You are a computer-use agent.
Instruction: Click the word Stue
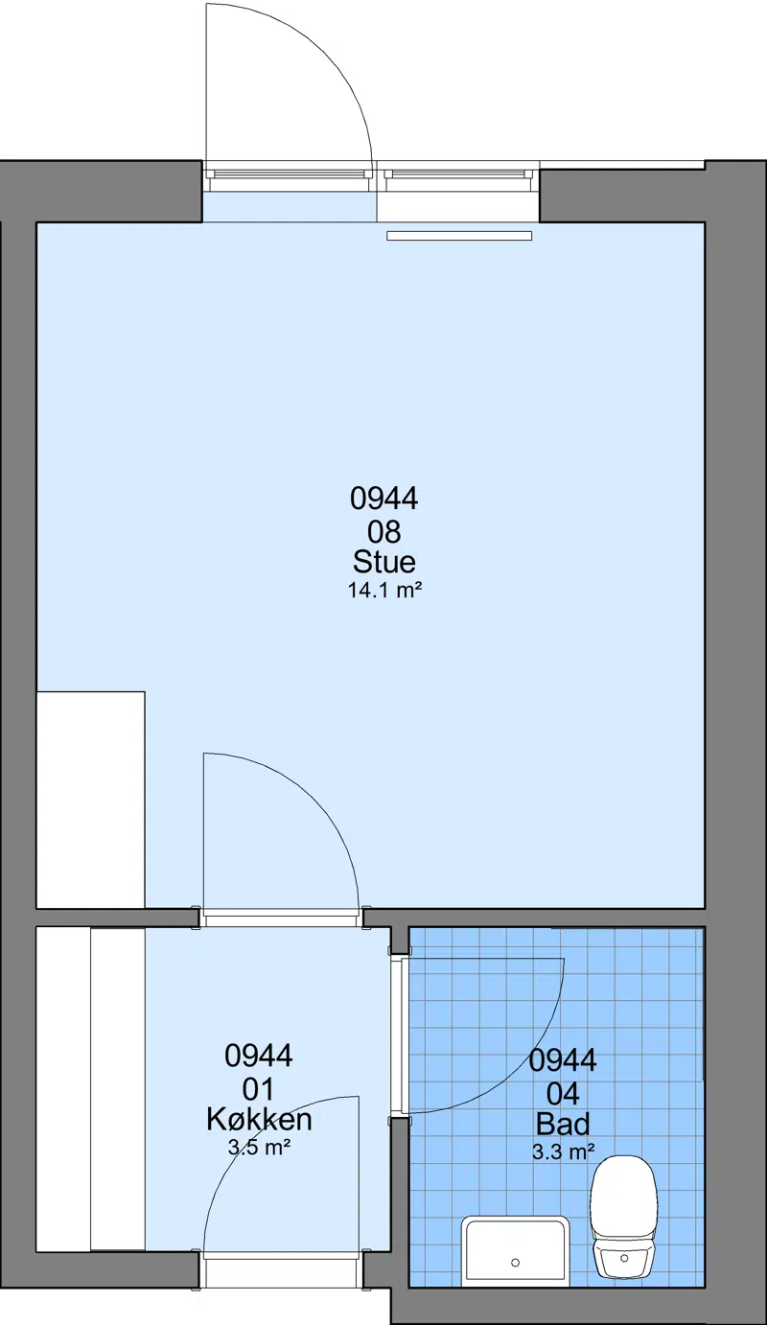383,562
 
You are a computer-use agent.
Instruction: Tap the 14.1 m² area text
384,591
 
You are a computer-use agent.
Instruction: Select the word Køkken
259,1120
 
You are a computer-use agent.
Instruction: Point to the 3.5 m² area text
259,1148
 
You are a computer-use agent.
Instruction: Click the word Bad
563,1124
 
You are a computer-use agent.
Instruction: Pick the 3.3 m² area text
563,1151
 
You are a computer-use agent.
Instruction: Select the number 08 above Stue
384,532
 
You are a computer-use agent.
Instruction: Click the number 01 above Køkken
259,1089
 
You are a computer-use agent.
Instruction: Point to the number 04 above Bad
563,1094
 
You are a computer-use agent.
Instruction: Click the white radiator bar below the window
459,236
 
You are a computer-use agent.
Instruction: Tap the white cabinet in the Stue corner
90,800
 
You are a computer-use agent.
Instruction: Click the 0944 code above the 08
383,498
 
